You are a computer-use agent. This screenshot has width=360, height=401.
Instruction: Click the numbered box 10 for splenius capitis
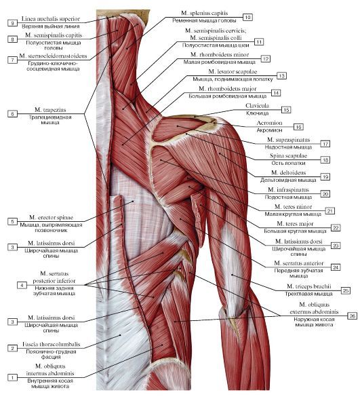point(247,17)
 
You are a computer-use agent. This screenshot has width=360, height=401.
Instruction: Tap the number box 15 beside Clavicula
point(286,110)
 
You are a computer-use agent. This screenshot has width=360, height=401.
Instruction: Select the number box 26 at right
point(353,316)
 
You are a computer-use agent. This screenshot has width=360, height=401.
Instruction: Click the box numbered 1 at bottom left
point(12,377)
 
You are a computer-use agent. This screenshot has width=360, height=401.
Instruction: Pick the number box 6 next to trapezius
point(12,113)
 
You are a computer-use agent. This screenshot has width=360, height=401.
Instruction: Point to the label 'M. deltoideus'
point(288,172)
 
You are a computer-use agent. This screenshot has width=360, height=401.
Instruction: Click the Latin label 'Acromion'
point(269,123)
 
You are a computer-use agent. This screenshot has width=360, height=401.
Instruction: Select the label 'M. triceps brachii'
point(309,286)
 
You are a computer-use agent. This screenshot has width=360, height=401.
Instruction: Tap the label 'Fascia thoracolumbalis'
point(51,344)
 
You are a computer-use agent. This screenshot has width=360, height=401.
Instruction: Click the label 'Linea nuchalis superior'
point(51,19)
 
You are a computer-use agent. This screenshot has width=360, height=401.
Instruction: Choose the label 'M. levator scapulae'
point(233,72)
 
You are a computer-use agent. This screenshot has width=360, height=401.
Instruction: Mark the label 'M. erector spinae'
point(51,217)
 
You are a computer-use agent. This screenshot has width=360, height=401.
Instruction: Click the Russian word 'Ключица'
point(258,113)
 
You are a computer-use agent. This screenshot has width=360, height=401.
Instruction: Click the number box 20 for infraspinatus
point(325,194)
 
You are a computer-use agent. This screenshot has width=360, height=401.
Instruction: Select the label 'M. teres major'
point(295,224)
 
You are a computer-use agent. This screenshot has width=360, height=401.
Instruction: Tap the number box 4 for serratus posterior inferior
point(22,285)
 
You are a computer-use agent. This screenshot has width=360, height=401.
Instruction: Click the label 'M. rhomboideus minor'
point(220,54)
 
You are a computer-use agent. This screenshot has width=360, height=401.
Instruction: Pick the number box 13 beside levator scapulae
point(281,76)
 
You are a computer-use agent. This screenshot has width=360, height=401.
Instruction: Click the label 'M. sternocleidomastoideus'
point(53,56)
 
